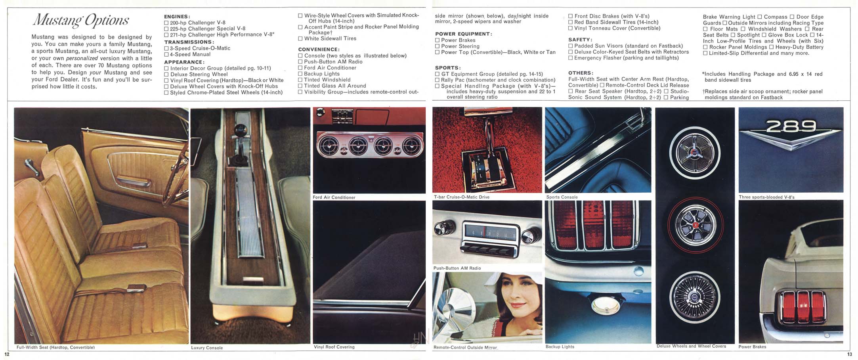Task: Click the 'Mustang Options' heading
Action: coord(81,20)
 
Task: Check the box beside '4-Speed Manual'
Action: coord(166,54)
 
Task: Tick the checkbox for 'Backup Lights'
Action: coord(300,74)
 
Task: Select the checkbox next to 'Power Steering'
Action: coord(438,46)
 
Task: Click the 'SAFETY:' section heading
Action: coord(580,40)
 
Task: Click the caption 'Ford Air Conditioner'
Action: coord(334,197)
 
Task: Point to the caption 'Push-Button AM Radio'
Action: coord(457,268)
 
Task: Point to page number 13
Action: coord(849,354)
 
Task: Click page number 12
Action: coord(7,354)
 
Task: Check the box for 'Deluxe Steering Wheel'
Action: coord(166,75)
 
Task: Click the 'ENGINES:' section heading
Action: coord(177,17)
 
